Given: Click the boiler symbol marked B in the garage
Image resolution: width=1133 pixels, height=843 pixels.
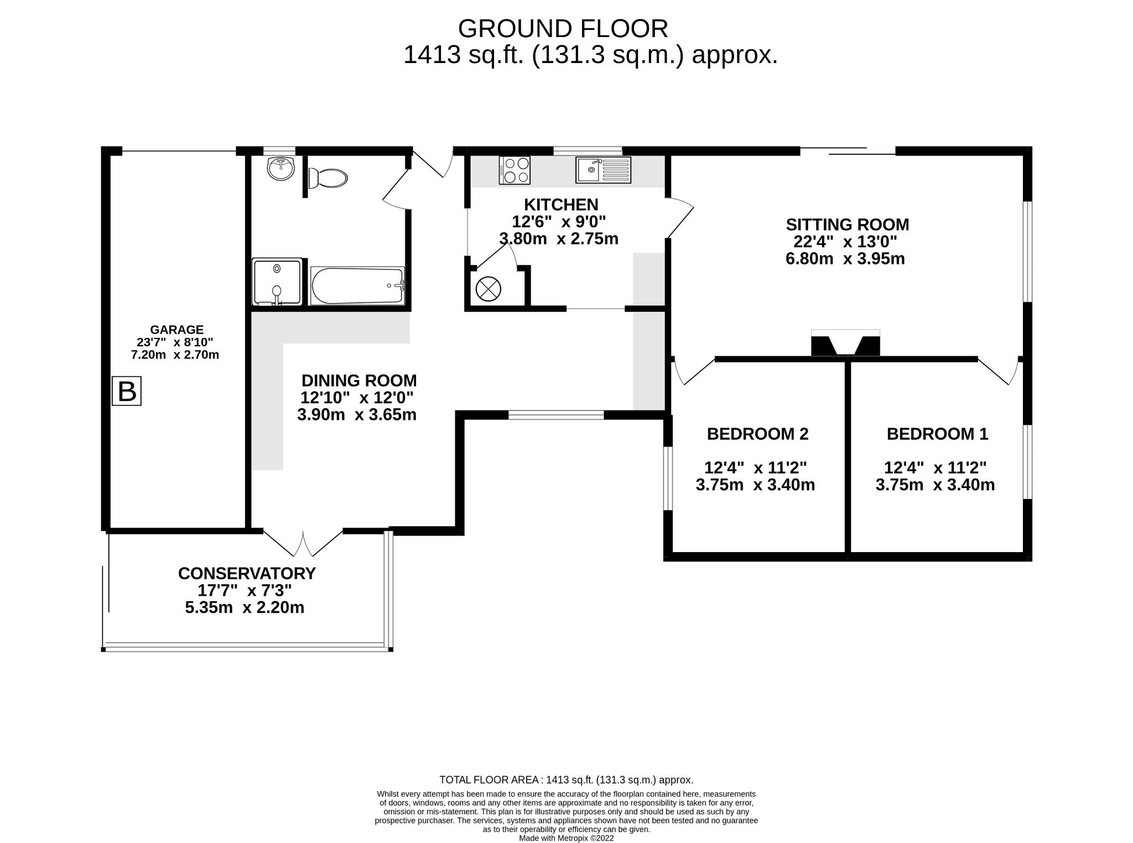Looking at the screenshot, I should coord(127,391).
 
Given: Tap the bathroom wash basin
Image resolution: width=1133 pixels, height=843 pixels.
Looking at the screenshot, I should coord(281,168).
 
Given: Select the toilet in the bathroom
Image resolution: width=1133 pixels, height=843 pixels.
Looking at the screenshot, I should coord(328,178).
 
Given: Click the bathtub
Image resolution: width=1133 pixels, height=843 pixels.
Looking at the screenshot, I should coord(357,286).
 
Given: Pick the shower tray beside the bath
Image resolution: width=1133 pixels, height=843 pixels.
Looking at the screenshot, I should coord(277,282).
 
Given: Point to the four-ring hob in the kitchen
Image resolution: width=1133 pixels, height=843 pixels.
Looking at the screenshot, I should coord(515,170).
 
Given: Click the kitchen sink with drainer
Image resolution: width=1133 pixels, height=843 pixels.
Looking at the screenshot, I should coord(602,169).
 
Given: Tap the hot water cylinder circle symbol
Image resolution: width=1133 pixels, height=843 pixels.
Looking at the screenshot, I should coord(488,289).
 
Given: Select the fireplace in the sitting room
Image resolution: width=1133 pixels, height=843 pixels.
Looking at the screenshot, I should coord(845,344).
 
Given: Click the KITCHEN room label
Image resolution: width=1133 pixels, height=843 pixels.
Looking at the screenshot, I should coord(561,204).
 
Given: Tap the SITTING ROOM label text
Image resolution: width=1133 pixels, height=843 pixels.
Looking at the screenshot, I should coord(847,225).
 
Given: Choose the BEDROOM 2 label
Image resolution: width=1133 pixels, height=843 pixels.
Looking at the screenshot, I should coord(757,434).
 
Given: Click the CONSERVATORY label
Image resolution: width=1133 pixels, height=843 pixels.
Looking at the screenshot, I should coord(247,573).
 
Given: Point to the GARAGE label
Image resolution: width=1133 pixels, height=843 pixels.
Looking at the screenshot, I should coord(176,330).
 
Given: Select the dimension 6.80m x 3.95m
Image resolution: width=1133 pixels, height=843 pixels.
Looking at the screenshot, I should coord(845,258).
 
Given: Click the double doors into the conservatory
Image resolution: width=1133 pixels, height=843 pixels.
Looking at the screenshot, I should coord(303,544).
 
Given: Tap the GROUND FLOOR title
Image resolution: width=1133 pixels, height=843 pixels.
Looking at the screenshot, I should coord(563,28).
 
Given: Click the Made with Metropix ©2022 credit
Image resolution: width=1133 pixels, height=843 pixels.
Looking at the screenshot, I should coord(566,838).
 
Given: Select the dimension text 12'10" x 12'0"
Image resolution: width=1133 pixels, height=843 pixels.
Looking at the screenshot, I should coord(357,398).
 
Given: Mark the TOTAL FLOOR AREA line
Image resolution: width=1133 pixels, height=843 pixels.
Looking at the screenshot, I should coord(566,780).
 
